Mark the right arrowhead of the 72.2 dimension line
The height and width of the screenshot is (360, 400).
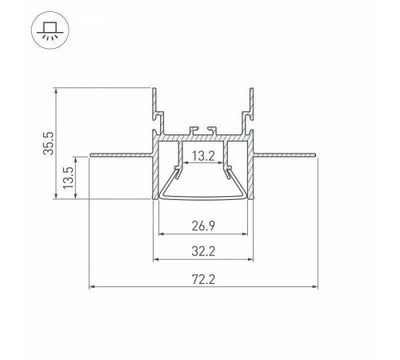[x=314, y=286]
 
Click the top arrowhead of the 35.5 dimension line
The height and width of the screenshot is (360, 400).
[x=57, y=88]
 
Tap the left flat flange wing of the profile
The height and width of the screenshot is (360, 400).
[x=120, y=154]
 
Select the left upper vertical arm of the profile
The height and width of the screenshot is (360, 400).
[x=154, y=108]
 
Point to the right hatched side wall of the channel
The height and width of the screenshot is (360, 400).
[x=252, y=172]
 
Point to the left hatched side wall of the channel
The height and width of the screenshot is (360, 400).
[x=154, y=172]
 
